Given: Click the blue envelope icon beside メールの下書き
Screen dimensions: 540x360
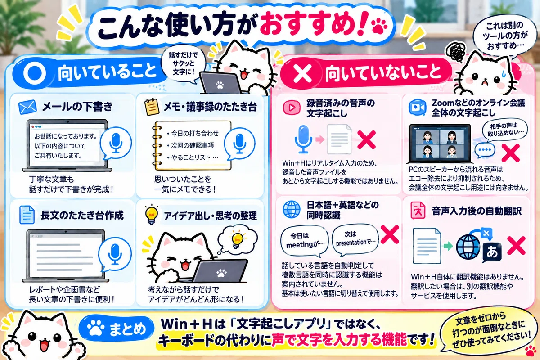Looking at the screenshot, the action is [27, 107].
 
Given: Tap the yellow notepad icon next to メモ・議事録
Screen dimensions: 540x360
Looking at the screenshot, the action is [152, 107].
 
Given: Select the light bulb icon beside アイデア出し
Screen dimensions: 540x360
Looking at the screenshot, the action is [151, 215].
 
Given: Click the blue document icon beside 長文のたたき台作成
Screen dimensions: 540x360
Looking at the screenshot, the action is [27, 215].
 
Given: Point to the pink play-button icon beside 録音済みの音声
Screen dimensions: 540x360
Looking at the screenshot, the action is [292, 108].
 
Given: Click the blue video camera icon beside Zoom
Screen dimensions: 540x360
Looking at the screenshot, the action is [417, 107].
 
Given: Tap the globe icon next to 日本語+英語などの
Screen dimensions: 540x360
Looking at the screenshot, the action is [292, 209].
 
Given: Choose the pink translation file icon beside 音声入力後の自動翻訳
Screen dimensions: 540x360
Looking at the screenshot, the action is [418, 210].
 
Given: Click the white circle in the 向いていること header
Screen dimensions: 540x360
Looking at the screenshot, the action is [35, 73].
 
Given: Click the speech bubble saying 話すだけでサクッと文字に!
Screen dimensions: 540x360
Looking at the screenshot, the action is [183, 63].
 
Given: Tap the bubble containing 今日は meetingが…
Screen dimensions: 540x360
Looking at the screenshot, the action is [305, 241].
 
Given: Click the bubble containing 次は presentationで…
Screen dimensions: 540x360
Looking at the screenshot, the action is [355, 239].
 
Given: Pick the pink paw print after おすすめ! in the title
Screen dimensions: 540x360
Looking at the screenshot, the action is [380, 26].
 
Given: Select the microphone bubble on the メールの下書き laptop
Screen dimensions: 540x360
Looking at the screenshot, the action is [116, 143].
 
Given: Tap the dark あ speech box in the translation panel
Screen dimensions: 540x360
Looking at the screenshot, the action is [492, 253].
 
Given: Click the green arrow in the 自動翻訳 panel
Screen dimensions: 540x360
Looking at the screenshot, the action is [448, 246].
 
